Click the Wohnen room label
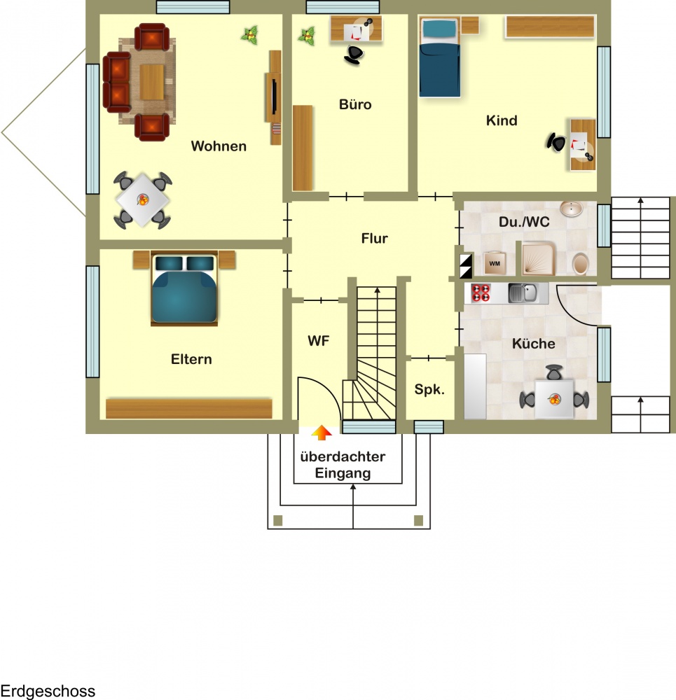(219, 146)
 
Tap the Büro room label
(355, 104)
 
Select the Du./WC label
(524, 221)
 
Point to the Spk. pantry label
(429, 389)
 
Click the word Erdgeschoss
(48, 691)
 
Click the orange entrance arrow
(322, 433)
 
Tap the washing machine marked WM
(495, 263)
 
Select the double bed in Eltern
(184, 288)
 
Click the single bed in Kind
(440, 57)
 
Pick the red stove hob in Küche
(481, 293)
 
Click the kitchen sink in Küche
(523, 293)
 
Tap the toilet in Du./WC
(581, 264)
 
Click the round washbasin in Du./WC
(572, 209)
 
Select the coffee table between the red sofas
(152, 82)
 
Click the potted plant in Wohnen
(250, 35)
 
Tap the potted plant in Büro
(307, 36)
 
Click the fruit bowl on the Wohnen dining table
(143, 199)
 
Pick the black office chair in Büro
(354, 55)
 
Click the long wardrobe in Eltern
(189, 409)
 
